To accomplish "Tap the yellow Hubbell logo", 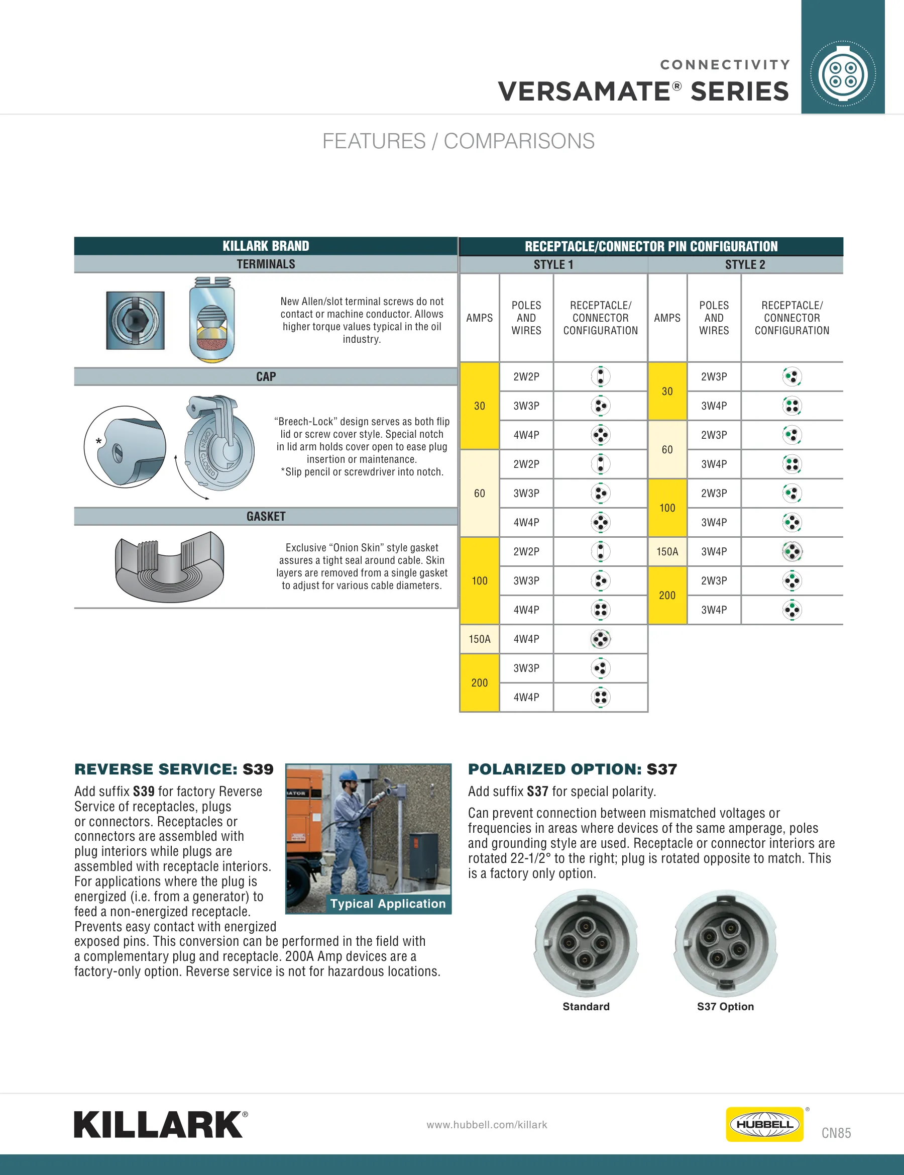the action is click(764, 1124).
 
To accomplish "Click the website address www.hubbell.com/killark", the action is click(487, 1124).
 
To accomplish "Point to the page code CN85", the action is click(836, 1133).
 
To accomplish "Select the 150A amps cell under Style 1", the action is click(480, 639).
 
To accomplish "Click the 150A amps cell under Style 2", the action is click(667, 551).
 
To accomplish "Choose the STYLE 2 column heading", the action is click(745, 265).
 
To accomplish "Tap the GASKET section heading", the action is click(266, 517).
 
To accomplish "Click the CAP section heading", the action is click(266, 376).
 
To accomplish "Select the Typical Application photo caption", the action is click(388, 903).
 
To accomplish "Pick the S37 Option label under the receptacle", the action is click(725, 1007).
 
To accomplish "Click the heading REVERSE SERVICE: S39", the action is click(174, 769).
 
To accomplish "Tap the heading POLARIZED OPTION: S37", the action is click(572, 769).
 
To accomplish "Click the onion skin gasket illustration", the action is click(169, 566).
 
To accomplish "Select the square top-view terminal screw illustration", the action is click(136, 321).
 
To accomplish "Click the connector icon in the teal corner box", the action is click(843, 74).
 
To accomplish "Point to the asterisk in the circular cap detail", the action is click(98, 442).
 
